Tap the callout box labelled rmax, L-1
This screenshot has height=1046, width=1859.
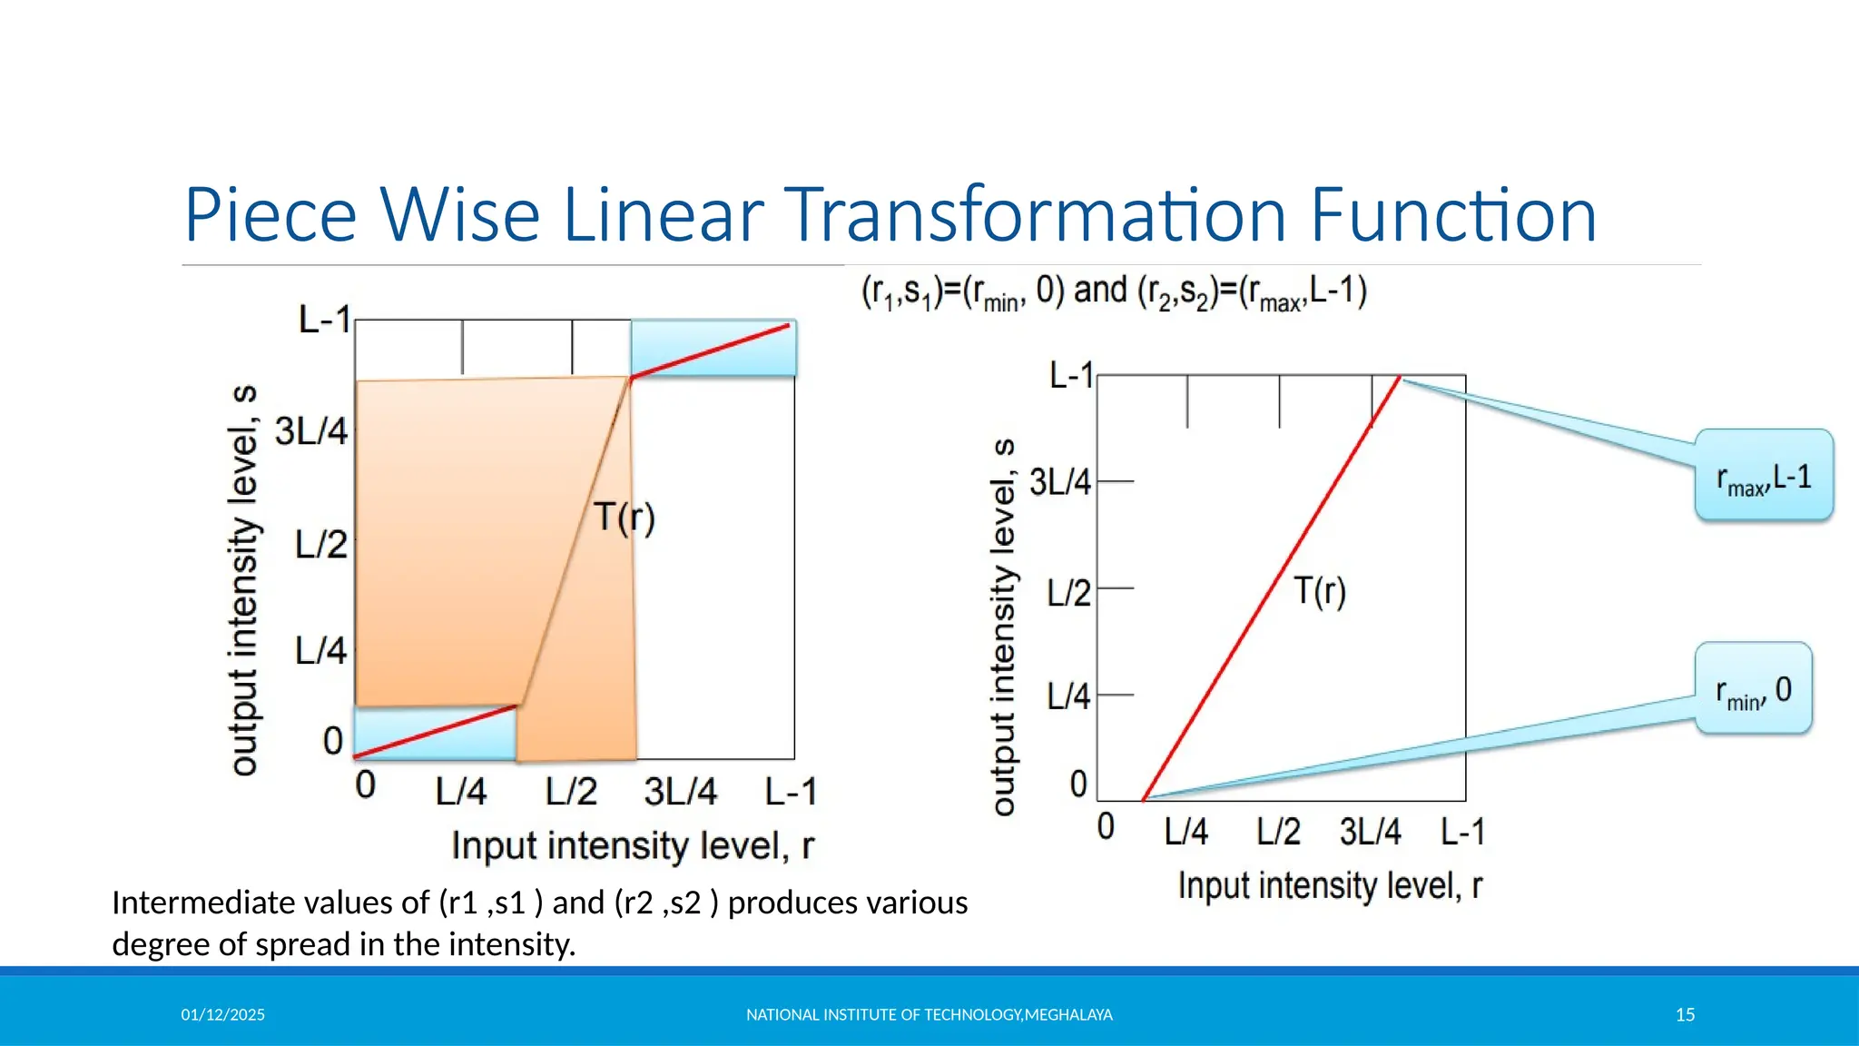[1764, 476]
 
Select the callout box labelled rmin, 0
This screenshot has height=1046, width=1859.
[1753, 689]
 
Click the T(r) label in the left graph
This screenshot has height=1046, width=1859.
[625, 518]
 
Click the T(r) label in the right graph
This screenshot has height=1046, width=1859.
[1319, 591]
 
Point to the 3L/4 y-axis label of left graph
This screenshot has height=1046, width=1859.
[311, 431]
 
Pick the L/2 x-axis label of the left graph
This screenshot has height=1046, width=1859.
[571, 792]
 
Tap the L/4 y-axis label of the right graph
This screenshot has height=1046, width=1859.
[1067, 696]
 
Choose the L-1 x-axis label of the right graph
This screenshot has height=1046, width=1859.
[1462, 832]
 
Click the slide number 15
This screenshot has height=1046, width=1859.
[1685, 1014]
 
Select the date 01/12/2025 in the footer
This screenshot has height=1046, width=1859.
[222, 1014]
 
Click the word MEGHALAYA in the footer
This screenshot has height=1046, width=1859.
[1068, 1014]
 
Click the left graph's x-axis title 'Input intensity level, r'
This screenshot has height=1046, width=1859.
[633, 846]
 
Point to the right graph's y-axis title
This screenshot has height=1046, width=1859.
[1003, 627]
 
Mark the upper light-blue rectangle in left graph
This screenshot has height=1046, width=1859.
[713, 348]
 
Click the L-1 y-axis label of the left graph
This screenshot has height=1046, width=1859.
[324, 320]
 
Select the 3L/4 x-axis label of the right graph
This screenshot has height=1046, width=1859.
[1370, 832]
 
